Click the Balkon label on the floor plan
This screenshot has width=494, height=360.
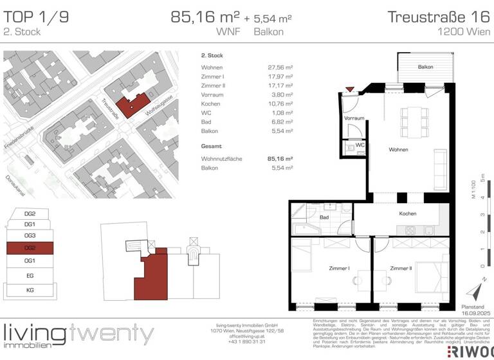[x=425, y=67]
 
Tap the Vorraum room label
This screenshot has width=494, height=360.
[x=354, y=118]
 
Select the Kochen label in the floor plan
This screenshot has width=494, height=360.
[x=407, y=213]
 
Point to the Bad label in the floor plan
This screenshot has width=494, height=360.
[x=324, y=217]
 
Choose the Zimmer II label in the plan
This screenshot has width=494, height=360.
[x=401, y=268]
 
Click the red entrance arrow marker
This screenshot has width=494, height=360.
[x=349, y=89]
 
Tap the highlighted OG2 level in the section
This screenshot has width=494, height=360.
[x=29, y=248]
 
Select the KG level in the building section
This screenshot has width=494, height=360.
[x=29, y=291]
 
